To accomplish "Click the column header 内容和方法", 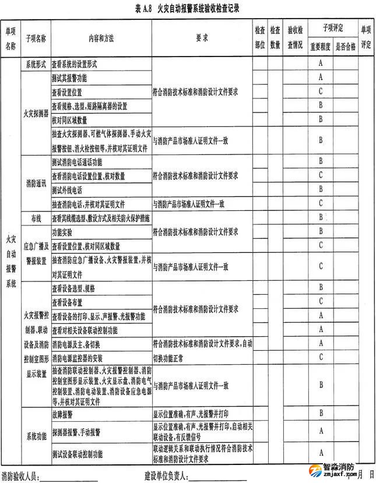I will [x=101, y=38].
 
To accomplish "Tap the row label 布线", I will [x=35, y=218].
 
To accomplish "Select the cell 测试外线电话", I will [x=67, y=190].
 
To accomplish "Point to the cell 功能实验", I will [x=62, y=232].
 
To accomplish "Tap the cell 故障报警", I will [x=62, y=414].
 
